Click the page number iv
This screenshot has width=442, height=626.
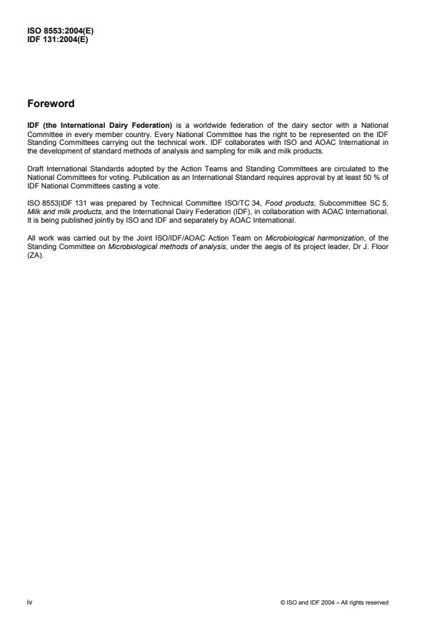coord(30,602)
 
